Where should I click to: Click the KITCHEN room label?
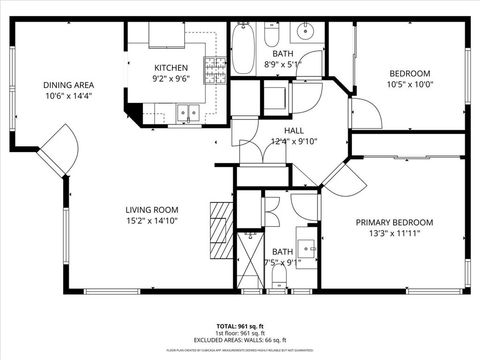(171, 66)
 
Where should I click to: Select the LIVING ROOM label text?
(152, 210)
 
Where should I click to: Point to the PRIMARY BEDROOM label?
(394, 222)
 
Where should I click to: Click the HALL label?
(293, 130)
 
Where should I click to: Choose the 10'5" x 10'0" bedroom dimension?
(408, 85)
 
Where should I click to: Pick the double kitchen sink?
(185, 116)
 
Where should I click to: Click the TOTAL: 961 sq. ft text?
(239, 326)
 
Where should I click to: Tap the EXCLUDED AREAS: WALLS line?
(239, 340)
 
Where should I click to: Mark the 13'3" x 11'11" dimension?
(394, 233)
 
